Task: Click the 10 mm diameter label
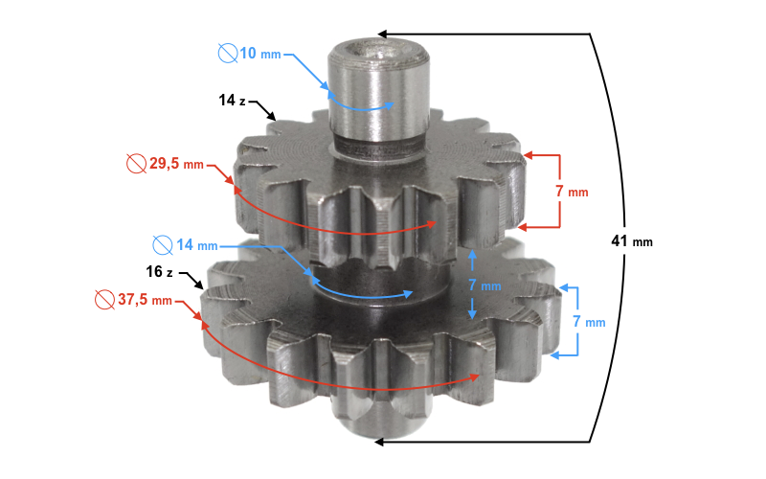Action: pos(260,54)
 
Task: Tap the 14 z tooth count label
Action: pos(232,101)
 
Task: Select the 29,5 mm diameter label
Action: pos(176,163)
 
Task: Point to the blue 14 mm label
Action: pos(197,244)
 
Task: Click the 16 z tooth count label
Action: pos(159,271)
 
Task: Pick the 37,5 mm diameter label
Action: pos(145,299)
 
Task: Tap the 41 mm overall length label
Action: pos(632,241)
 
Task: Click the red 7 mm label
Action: pos(572,191)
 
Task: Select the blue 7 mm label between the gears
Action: pos(484,285)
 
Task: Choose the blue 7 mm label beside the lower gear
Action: pos(589,322)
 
